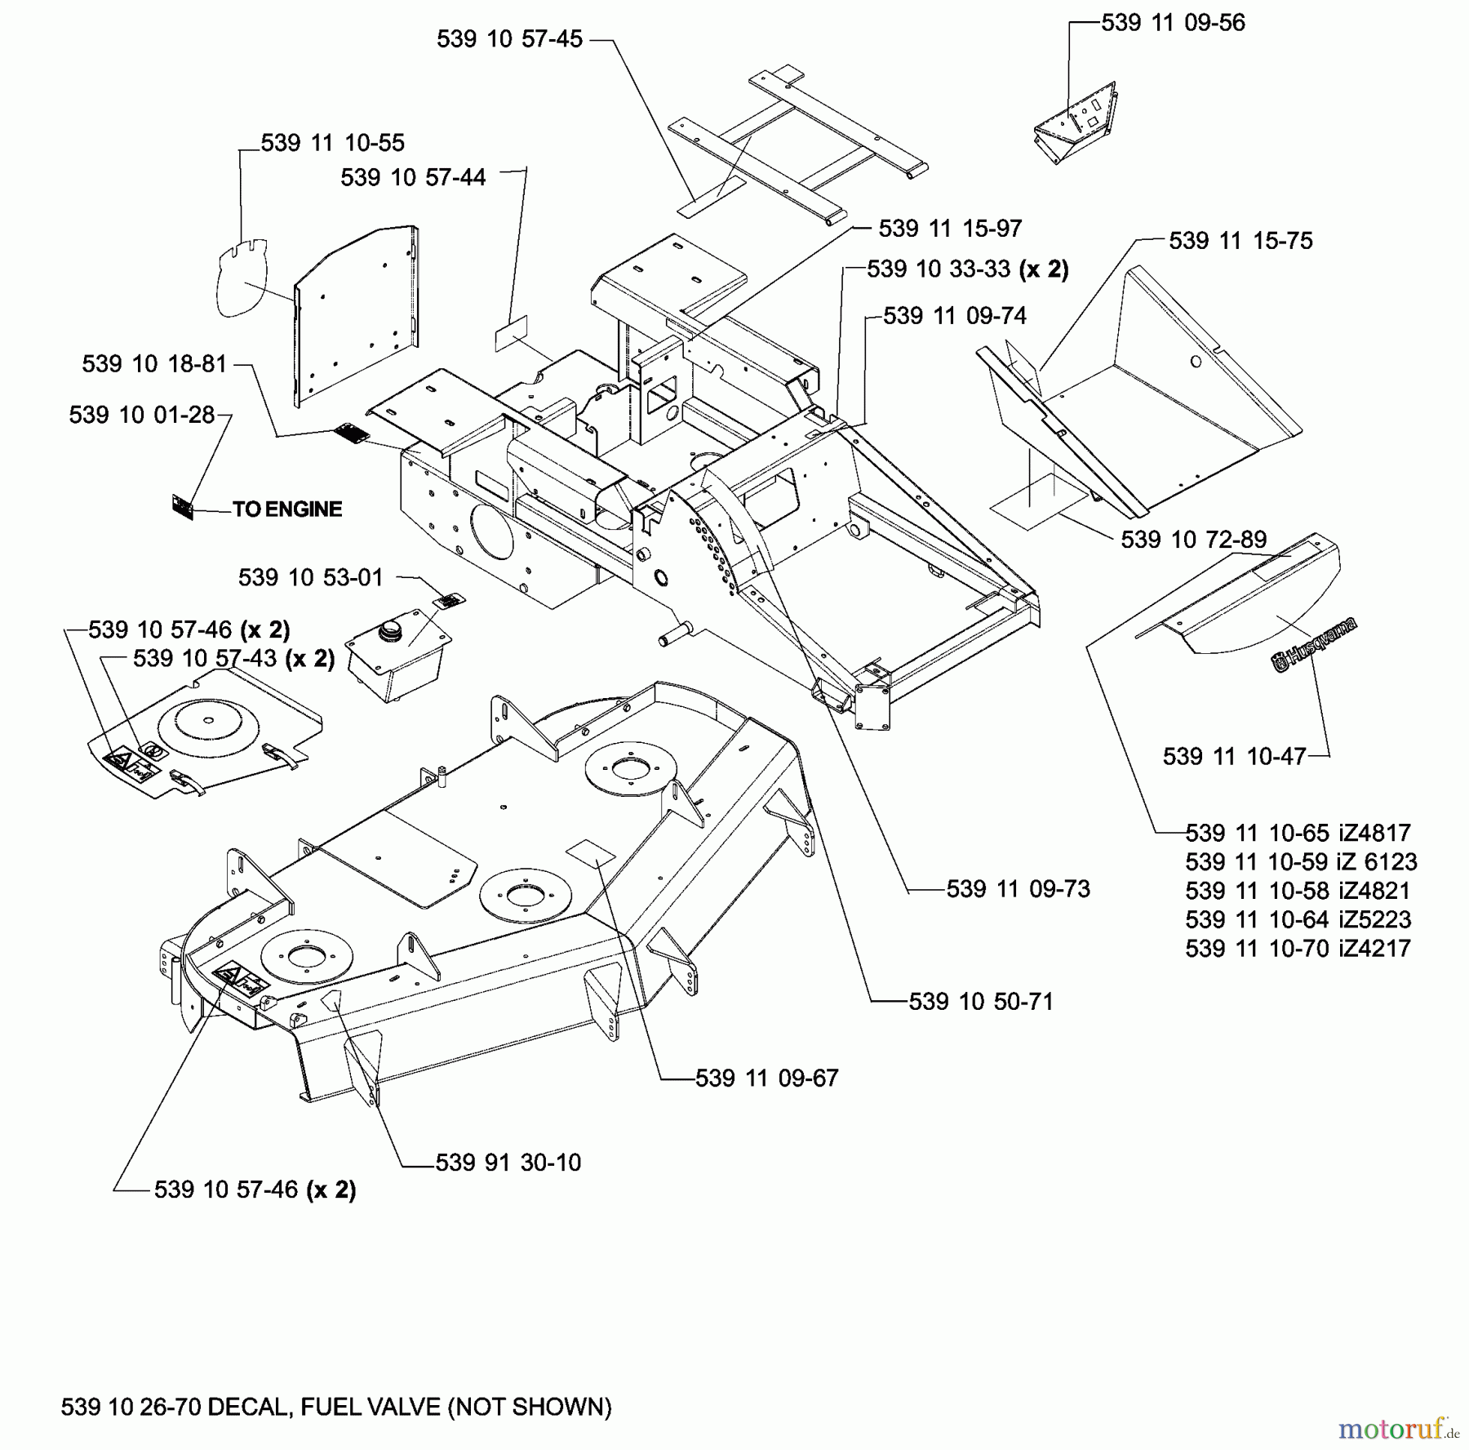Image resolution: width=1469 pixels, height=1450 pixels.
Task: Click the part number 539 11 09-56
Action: (1173, 23)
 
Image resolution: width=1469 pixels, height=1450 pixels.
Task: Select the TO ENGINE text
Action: (287, 509)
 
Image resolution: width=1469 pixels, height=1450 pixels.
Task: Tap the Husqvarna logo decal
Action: (1314, 645)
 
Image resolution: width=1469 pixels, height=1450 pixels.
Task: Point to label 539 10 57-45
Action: (509, 39)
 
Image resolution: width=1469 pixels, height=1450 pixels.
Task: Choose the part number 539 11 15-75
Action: (1240, 241)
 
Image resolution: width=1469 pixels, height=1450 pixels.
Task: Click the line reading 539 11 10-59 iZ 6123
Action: (1301, 862)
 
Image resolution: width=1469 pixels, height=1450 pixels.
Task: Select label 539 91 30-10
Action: (508, 1163)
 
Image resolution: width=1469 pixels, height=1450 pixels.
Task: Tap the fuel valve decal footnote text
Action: (336, 1407)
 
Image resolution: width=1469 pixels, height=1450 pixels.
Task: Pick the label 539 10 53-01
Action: (310, 578)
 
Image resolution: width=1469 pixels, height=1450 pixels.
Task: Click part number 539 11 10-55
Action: (332, 143)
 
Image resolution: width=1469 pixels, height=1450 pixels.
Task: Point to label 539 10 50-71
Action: (981, 1002)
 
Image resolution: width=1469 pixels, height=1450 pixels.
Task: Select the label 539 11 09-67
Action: (766, 1079)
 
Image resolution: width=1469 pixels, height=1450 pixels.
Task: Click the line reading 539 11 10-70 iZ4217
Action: (1298, 949)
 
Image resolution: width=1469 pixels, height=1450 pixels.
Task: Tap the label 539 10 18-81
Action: (154, 364)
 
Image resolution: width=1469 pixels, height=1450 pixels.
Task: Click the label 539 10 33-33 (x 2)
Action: (967, 269)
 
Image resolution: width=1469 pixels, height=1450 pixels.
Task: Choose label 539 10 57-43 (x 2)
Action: (233, 658)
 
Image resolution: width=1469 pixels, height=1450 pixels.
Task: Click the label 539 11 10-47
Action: (1234, 756)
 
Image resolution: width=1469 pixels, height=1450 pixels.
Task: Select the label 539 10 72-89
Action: (1193, 540)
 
